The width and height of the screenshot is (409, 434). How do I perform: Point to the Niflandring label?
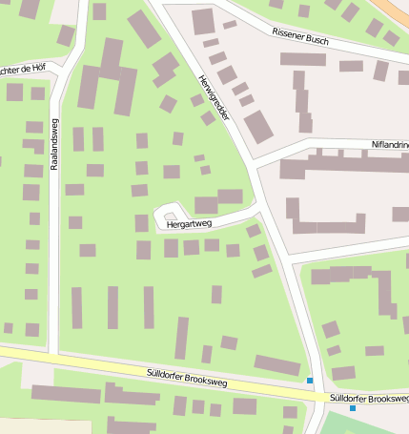click(x=388, y=145)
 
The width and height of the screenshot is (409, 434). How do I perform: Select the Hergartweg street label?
click(x=188, y=225)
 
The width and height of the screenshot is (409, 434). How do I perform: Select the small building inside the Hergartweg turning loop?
click(x=171, y=217)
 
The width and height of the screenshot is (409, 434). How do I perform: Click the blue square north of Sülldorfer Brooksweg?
click(x=310, y=381)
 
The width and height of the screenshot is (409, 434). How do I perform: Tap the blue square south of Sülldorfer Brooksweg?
click(x=353, y=408)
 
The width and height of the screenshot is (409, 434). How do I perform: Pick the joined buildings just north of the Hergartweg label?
click(x=218, y=200)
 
